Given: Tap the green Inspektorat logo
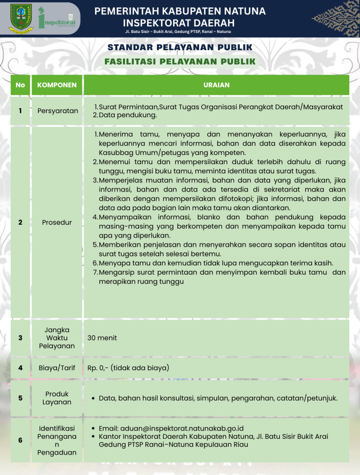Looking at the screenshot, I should [x=59, y=18].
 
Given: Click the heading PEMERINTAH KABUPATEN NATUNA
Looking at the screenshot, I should [x=180, y=11].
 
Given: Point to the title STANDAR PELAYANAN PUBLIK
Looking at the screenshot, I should [x=180, y=47].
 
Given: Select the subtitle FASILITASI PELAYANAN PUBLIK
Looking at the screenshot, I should [x=180, y=61].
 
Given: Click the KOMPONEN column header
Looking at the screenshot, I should [x=57, y=85].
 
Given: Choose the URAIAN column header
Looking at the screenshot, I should [x=216, y=85].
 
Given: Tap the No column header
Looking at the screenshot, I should [x=20, y=85].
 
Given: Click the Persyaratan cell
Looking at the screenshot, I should [x=58, y=111].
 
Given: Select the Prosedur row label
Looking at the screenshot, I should [x=57, y=222].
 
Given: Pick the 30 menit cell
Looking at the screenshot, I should [x=102, y=338].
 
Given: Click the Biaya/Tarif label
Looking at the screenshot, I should [x=57, y=368].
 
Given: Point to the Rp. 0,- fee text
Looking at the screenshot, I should [x=128, y=368].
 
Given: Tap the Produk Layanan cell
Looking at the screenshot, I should [x=57, y=398].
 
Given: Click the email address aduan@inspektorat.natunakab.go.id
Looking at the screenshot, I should [x=171, y=429].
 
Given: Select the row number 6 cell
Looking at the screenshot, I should [x=20, y=440].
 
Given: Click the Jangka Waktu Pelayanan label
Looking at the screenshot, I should [x=57, y=338].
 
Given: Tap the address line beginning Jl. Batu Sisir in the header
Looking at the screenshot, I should [x=178, y=32].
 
